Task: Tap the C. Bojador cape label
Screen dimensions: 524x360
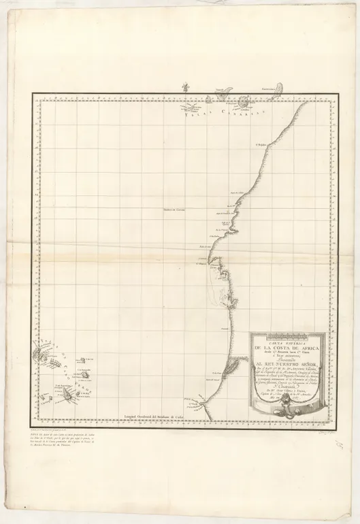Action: [259, 143]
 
